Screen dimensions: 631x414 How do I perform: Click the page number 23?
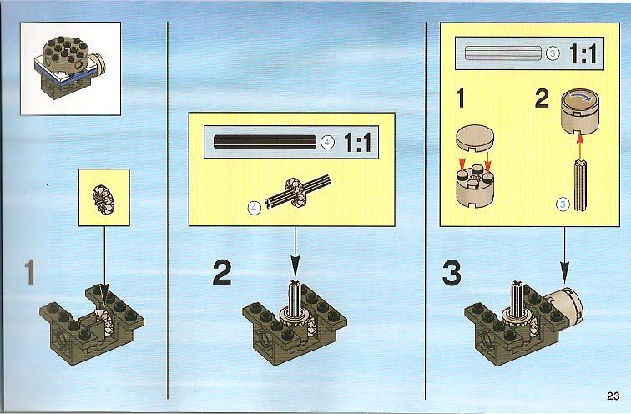(613, 396)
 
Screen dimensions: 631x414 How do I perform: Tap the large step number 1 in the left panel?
(29, 273)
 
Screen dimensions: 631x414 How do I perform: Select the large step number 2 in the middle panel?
(222, 273)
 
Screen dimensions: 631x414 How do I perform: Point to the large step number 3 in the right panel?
(452, 273)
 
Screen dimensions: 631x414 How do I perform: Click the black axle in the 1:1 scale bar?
(265, 142)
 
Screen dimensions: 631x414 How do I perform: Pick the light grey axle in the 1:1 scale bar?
(503, 53)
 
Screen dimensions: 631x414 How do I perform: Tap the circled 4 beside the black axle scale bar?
(327, 142)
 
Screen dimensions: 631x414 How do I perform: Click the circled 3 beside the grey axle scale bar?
(553, 53)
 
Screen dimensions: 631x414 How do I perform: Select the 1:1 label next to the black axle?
(358, 142)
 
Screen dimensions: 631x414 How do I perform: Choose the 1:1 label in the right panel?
(583, 53)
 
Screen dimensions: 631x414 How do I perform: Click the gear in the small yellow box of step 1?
(103, 199)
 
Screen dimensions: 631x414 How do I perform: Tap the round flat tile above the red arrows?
(476, 138)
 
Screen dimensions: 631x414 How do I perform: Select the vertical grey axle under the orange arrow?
(579, 184)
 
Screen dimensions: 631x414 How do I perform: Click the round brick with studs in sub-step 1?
(476, 185)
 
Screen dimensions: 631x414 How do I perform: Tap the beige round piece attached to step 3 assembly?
(564, 306)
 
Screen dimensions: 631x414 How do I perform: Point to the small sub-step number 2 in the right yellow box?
(542, 98)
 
